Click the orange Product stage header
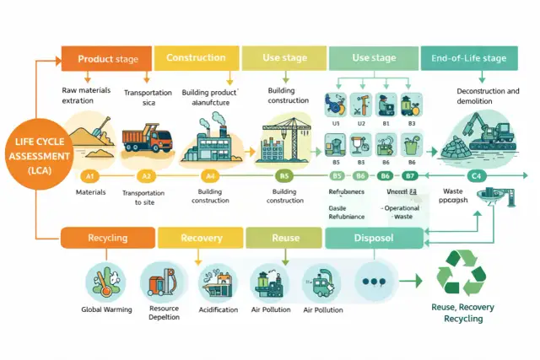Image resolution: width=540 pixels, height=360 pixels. [107, 59]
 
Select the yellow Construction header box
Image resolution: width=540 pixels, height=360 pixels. [195, 58]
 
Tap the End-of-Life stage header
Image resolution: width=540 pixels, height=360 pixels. [469, 58]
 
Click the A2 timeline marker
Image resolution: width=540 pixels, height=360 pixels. [146, 176]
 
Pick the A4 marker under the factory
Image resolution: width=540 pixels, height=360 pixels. [211, 176]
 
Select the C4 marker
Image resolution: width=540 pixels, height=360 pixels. [476, 176]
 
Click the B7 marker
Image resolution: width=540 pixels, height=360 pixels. [411, 176]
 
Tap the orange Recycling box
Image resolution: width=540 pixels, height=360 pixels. [107, 238]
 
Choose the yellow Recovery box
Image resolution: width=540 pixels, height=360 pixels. [201, 238]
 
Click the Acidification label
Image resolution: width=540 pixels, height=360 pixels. [219, 309]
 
